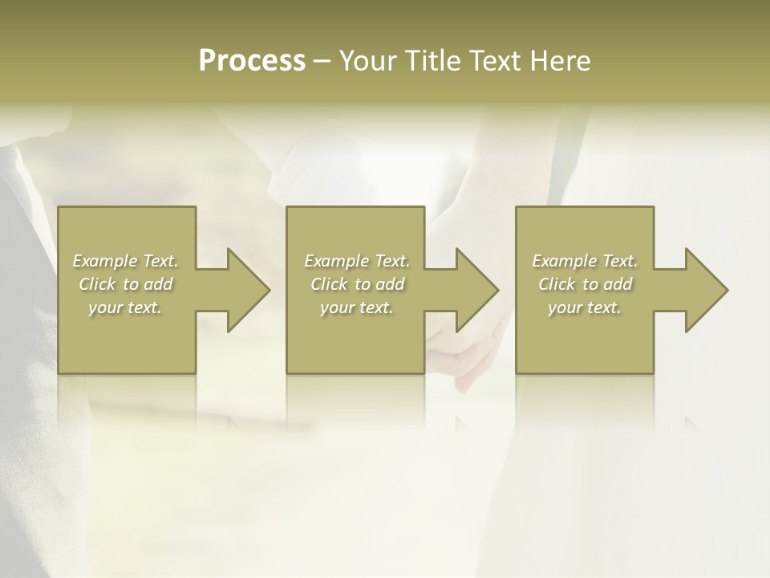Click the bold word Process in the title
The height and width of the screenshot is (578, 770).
coord(252,61)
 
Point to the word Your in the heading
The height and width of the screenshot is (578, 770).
coord(369,61)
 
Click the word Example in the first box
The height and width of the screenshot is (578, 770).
coord(104,261)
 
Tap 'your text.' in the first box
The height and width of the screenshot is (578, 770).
coord(125,307)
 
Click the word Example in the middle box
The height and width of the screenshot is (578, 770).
coord(336,261)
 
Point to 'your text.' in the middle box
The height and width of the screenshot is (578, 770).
coord(357,307)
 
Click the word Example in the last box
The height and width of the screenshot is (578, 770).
coord(564,261)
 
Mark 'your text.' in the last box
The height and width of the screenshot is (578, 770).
coord(585,307)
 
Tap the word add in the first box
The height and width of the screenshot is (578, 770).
coord(158,284)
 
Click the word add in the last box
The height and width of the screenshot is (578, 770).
coord(618,284)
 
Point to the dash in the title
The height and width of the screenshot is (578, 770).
coord(322,62)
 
